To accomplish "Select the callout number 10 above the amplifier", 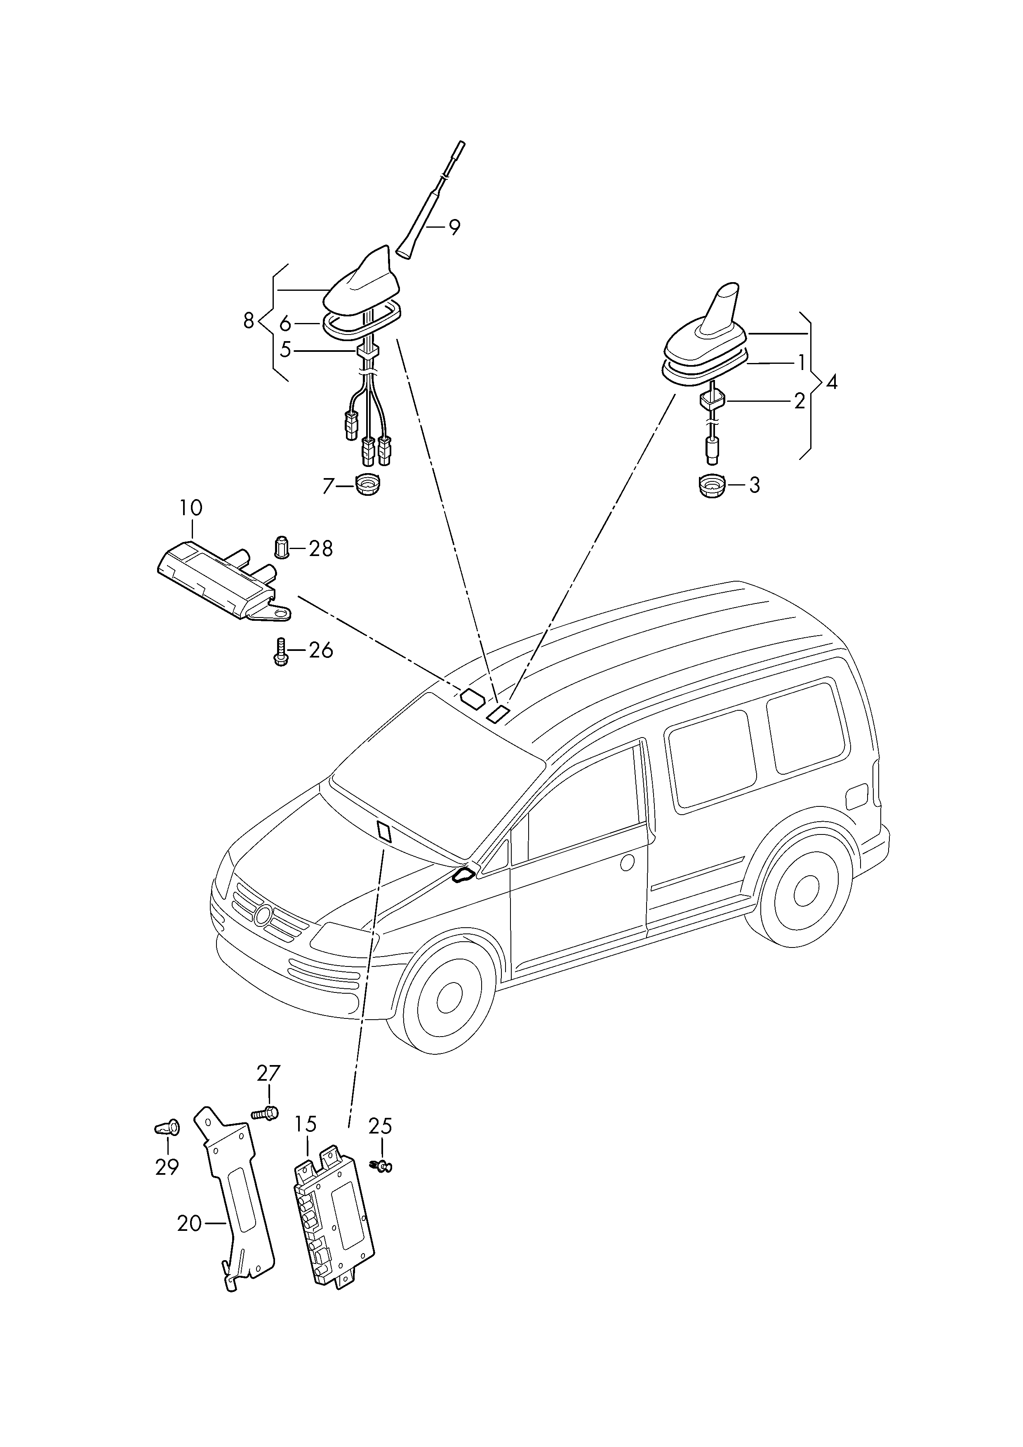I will coord(190,507).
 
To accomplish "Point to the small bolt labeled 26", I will coord(280,650).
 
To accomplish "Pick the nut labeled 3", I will coord(712,485).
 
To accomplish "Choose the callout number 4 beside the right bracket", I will coord(832,382).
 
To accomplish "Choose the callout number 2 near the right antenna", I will coord(800,400).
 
